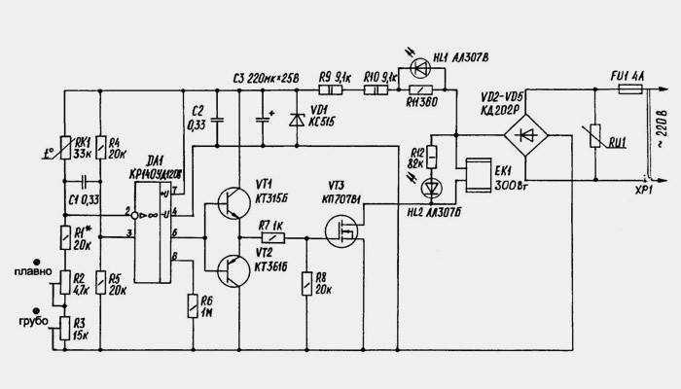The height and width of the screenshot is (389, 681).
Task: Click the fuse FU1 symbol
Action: pyautogui.click(x=630, y=88)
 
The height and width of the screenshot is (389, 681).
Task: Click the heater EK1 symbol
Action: pyautogui.click(x=480, y=174)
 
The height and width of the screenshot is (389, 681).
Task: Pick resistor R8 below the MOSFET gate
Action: pyautogui.click(x=308, y=283)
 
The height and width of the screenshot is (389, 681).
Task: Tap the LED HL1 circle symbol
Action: pyautogui.click(x=420, y=67)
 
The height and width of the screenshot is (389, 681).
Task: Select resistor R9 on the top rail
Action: pyautogui.click(x=327, y=90)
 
